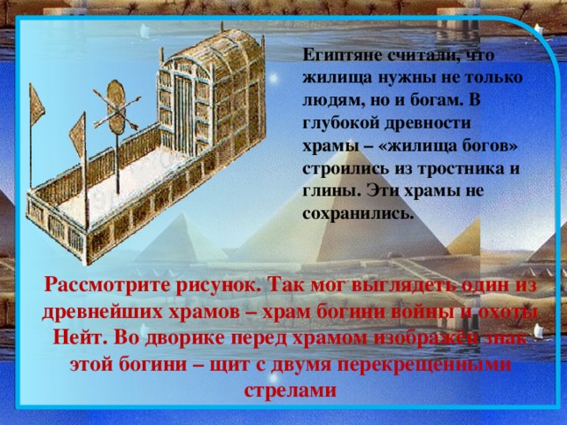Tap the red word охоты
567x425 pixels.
(x=500, y=312)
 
